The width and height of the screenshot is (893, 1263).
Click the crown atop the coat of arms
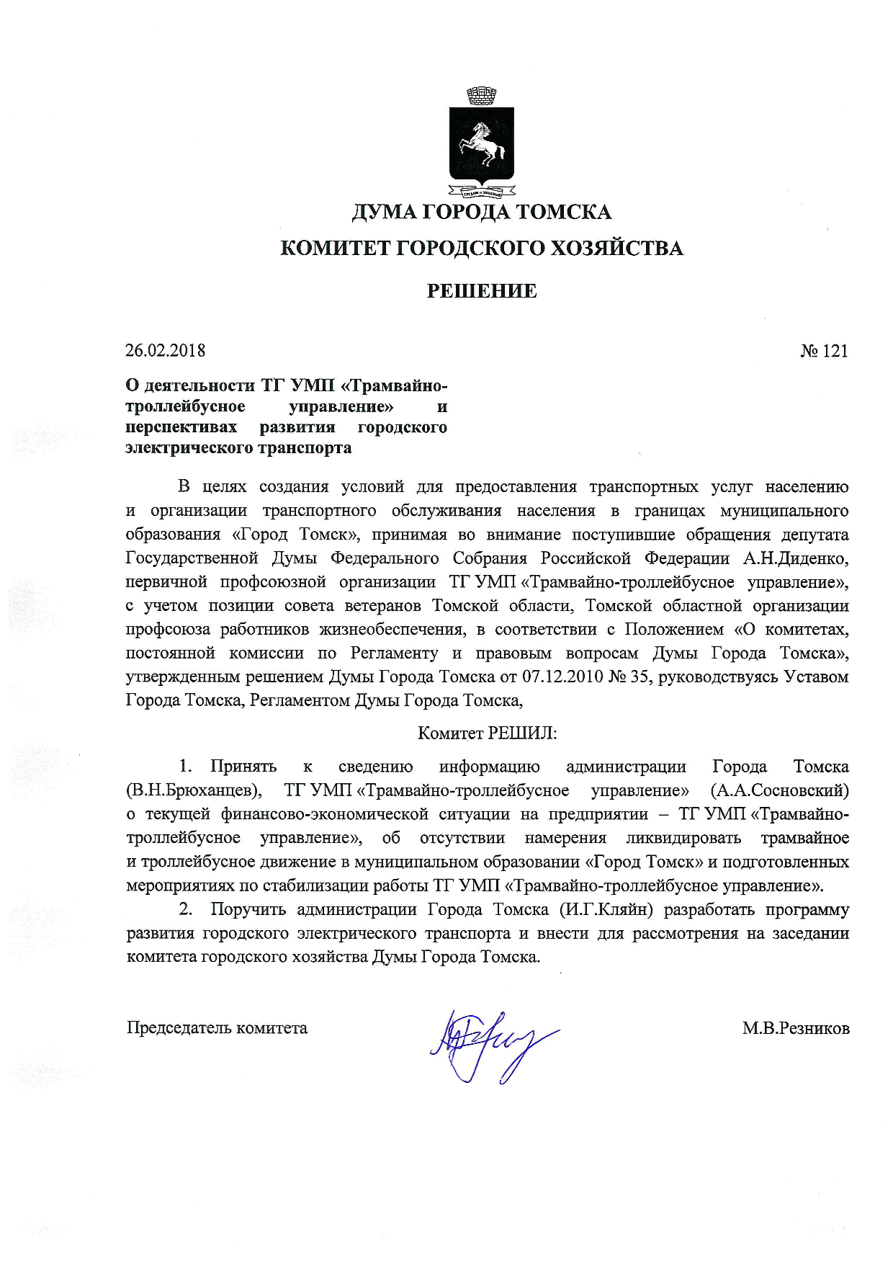pos(481,95)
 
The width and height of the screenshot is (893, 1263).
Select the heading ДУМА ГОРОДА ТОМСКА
pos(481,212)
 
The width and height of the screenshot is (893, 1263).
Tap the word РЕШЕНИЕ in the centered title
pos(481,291)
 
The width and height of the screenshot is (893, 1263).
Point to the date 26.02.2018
pos(165,351)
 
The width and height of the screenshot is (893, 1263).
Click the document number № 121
pos(824,351)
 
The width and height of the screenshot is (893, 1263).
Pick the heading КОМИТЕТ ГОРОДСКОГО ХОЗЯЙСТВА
pos(481,249)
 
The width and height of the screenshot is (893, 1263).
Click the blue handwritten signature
pos(490,1042)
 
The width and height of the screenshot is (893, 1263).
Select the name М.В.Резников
pos(796,1028)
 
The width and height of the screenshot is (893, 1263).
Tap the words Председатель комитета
pos(217,1028)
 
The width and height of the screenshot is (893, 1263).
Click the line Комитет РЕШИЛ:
pos(488,733)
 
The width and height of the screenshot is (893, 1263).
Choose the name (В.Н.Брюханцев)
pos(194,790)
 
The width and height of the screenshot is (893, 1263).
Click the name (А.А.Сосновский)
pos(780,790)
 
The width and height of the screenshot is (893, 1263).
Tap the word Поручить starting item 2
pos(248,909)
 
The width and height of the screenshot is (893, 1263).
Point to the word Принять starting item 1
pos(243,767)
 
